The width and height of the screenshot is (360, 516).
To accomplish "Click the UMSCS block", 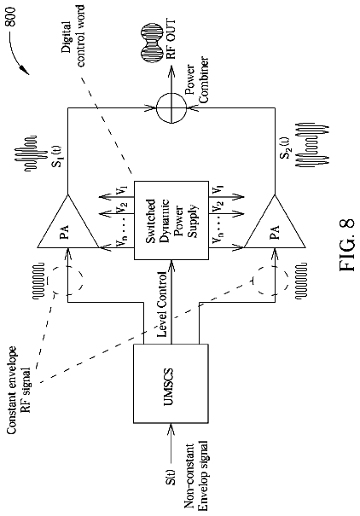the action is (x=171, y=383).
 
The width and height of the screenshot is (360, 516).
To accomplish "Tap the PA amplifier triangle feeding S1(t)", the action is (x=67, y=221).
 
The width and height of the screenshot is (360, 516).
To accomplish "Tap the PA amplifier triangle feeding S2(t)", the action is (x=275, y=221).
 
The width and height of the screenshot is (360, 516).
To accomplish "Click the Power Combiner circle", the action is (x=171, y=107).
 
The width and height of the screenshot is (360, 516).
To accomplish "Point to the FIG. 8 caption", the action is (x=346, y=245).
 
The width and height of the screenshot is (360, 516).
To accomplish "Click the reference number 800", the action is (x=12, y=17).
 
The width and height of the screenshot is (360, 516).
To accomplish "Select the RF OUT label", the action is (x=171, y=39).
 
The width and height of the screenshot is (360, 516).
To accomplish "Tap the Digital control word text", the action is (x=73, y=36).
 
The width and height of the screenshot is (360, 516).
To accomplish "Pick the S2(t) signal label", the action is (x=285, y=148).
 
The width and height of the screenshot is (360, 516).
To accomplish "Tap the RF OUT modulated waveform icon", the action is (x=152, y=39).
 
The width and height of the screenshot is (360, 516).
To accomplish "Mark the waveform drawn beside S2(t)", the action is (x=312, y=145).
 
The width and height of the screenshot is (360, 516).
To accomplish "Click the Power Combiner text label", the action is (x=196, y=80).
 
